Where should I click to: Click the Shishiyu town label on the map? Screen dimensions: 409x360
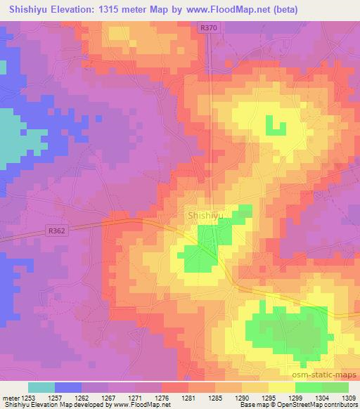tap(205, 216)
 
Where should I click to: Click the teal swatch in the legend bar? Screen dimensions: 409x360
tap(41, 387)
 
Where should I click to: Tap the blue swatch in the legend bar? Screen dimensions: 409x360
tap(68, 387)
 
